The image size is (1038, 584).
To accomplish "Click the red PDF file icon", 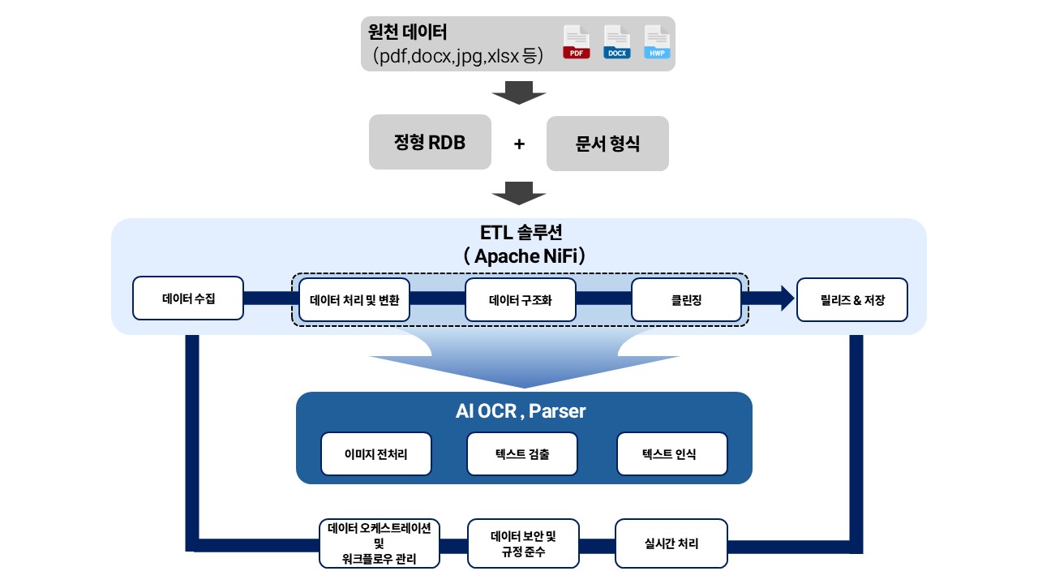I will click(x=577, y=42).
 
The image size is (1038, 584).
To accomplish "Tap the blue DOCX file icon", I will click(x=616, y=42).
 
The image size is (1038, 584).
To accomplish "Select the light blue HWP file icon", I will click(x=657, y=42).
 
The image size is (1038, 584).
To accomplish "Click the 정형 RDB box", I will click(x=430, y=143).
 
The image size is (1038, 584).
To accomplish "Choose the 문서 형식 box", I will click(x=607, y=144).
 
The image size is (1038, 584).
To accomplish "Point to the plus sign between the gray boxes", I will click(x=519, y=144).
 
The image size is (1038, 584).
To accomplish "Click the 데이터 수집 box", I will click(x=188, y=298).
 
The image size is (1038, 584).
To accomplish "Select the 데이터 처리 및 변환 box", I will click(x=354, y=299).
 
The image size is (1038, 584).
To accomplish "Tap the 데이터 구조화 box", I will click(x=521, y=299).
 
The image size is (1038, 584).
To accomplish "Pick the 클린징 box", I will click(x=686, y=299).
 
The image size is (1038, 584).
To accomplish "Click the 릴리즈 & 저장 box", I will click(x=852, y=299).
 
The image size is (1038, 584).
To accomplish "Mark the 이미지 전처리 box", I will click(x=376, y=453).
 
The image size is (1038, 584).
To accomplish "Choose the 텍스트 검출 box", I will click(x=522, y=453).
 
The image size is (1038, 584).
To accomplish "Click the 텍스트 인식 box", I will click(x=672, y=453).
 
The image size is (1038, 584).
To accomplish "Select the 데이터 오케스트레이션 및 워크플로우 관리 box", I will click(x=380, y=543).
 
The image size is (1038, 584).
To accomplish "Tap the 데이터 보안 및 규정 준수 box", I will click(x=524, y=543).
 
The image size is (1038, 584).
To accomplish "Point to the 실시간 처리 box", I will click(x=671, y=543).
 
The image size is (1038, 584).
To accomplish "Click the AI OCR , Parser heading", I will click(x=521, y=411).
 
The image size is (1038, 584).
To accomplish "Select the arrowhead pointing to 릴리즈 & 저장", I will click(x=787, y=298).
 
